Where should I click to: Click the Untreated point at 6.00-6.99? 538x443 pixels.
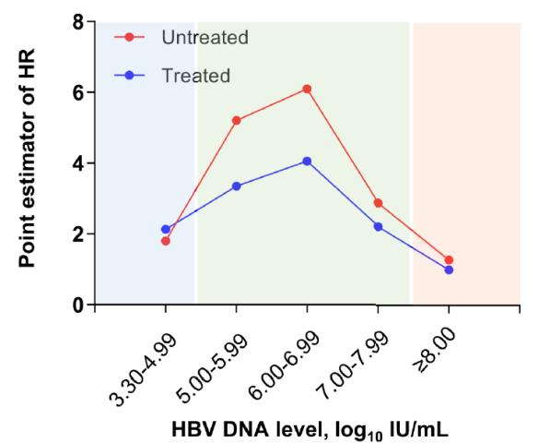307,90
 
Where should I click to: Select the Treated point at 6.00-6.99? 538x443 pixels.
307,162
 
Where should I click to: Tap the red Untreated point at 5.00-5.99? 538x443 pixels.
237,120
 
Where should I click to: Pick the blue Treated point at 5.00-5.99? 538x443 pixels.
237,186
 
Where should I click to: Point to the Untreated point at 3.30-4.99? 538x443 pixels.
166,241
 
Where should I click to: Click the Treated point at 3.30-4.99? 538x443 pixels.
166,229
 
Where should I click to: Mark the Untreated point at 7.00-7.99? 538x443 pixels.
378,203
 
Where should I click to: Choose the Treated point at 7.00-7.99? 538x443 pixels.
378,227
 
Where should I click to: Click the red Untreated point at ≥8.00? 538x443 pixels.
449,260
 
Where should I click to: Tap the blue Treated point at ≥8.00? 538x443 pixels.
449,269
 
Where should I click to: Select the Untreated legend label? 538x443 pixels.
205,37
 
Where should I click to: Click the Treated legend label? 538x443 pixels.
196,76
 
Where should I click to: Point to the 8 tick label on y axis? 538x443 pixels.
78,22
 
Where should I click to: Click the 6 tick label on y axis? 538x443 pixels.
78,93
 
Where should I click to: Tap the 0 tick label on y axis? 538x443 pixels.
78,305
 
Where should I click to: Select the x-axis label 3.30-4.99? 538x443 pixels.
143,369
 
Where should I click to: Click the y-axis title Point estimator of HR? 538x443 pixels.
27,158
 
